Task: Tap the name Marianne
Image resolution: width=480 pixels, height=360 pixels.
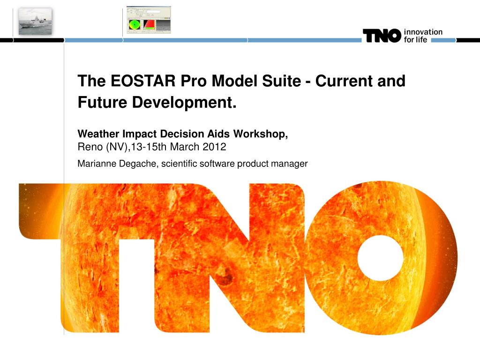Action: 95,164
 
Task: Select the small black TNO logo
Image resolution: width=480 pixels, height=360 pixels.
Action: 382,36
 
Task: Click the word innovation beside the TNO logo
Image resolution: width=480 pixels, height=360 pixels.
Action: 423,32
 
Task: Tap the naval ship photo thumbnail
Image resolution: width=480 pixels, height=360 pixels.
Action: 35,21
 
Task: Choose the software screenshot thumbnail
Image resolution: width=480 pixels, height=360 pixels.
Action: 149,20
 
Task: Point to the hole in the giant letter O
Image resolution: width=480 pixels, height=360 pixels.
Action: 381,258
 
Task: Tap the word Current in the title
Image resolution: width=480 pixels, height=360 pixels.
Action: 350,81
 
